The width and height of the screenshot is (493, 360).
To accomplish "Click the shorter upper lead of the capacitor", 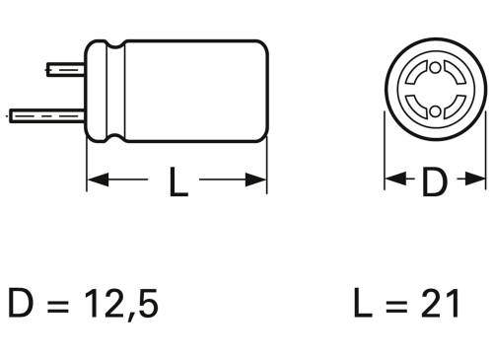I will (65, 70).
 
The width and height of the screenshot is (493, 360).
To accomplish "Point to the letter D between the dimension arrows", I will (435, 181).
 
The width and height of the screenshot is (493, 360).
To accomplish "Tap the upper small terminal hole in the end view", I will (435, 72).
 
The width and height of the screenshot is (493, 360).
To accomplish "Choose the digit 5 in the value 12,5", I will (147, 304).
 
